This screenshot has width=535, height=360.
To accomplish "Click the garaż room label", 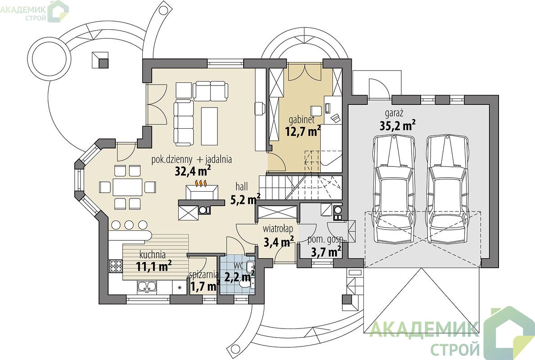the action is pyautogui.click(x=394, y=113).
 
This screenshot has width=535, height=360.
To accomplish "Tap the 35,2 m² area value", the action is pyautogui.click(x=398, y=126).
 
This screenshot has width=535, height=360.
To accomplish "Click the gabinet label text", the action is pyautogui.click(x=301, y=120).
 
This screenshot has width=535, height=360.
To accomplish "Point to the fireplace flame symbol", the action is pyautogui.click(x=202, y=184).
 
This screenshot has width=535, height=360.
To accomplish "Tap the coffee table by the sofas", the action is pyautogui.click(x=209, y=126).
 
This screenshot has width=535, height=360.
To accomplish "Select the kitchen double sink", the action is pyautogui.click(x=147, y=287).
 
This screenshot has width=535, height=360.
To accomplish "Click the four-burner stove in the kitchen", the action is pyautogui.click(x=116, y=266).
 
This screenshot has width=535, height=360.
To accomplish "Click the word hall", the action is pyautogui.click(x=241, y=187).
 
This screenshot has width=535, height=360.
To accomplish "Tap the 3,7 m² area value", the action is pyautogui.click(x=326, y=252).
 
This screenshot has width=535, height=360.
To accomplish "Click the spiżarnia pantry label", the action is pyautogui.click(x=204, y=274).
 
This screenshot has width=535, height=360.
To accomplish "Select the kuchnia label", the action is pyautogui.click(x=153, y=255).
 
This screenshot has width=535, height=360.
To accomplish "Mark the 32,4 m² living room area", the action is pyautogui.click(x=192, y=171).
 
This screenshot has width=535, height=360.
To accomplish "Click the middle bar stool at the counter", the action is pyautogui.click(x=129, y=225).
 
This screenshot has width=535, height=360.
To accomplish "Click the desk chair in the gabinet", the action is pyautogui.click(x=316, y=111).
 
